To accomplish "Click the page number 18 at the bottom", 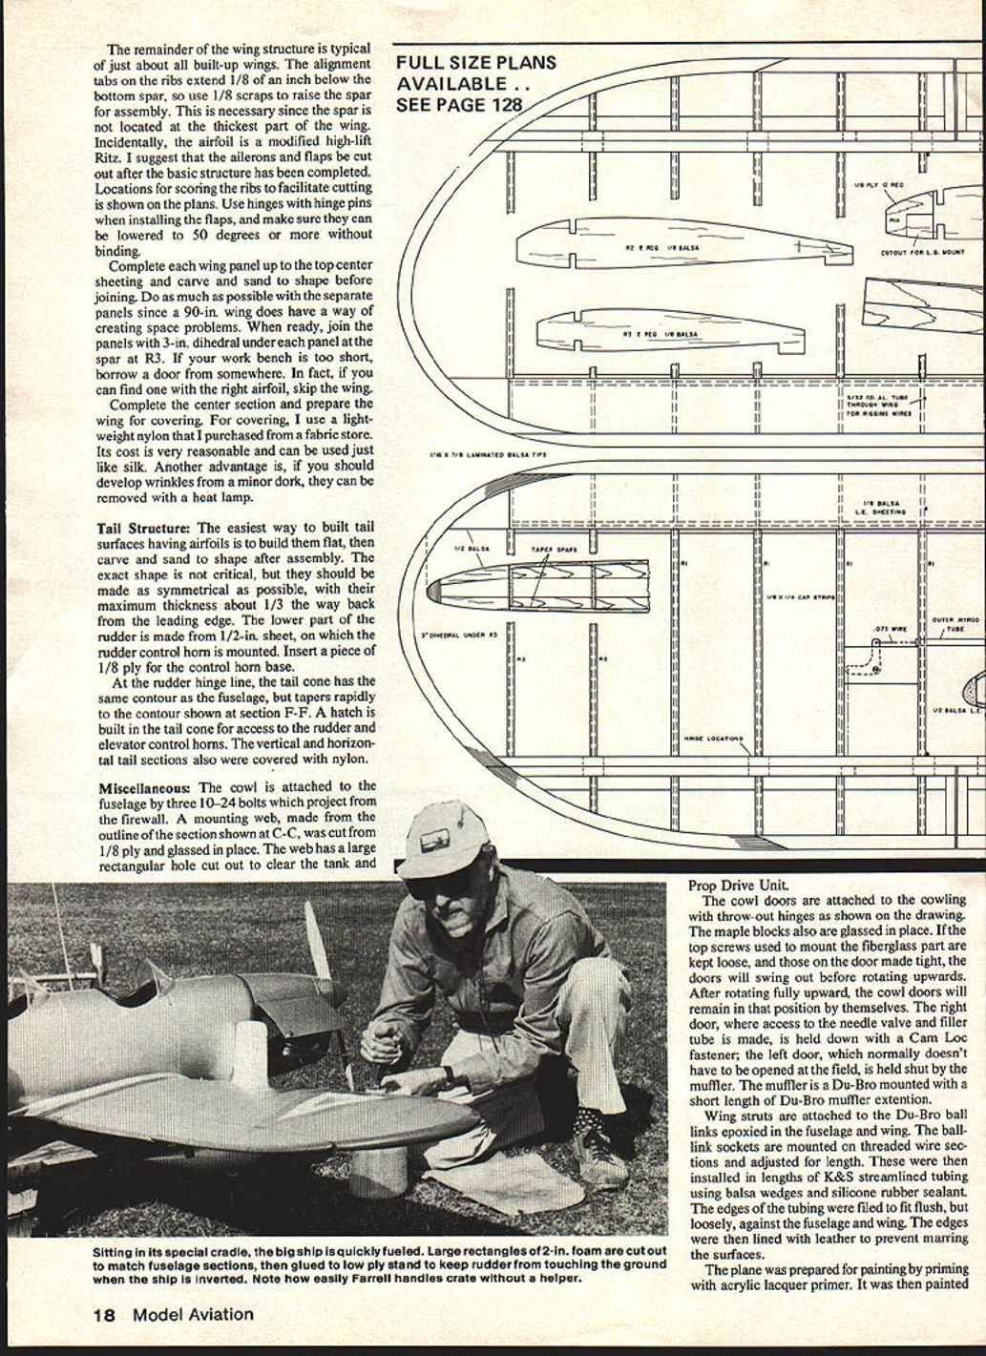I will [104, 1314].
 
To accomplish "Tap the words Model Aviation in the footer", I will [193, 1314].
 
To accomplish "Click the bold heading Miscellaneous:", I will [146, 787].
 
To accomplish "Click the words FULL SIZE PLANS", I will [476, 63].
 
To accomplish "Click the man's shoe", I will [598, 1158].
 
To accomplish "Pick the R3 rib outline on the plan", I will [668, 331].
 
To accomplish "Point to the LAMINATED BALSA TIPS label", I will [491, 454].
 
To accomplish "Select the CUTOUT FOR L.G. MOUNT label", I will [921, 253].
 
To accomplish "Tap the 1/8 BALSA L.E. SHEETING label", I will [881, 507].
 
